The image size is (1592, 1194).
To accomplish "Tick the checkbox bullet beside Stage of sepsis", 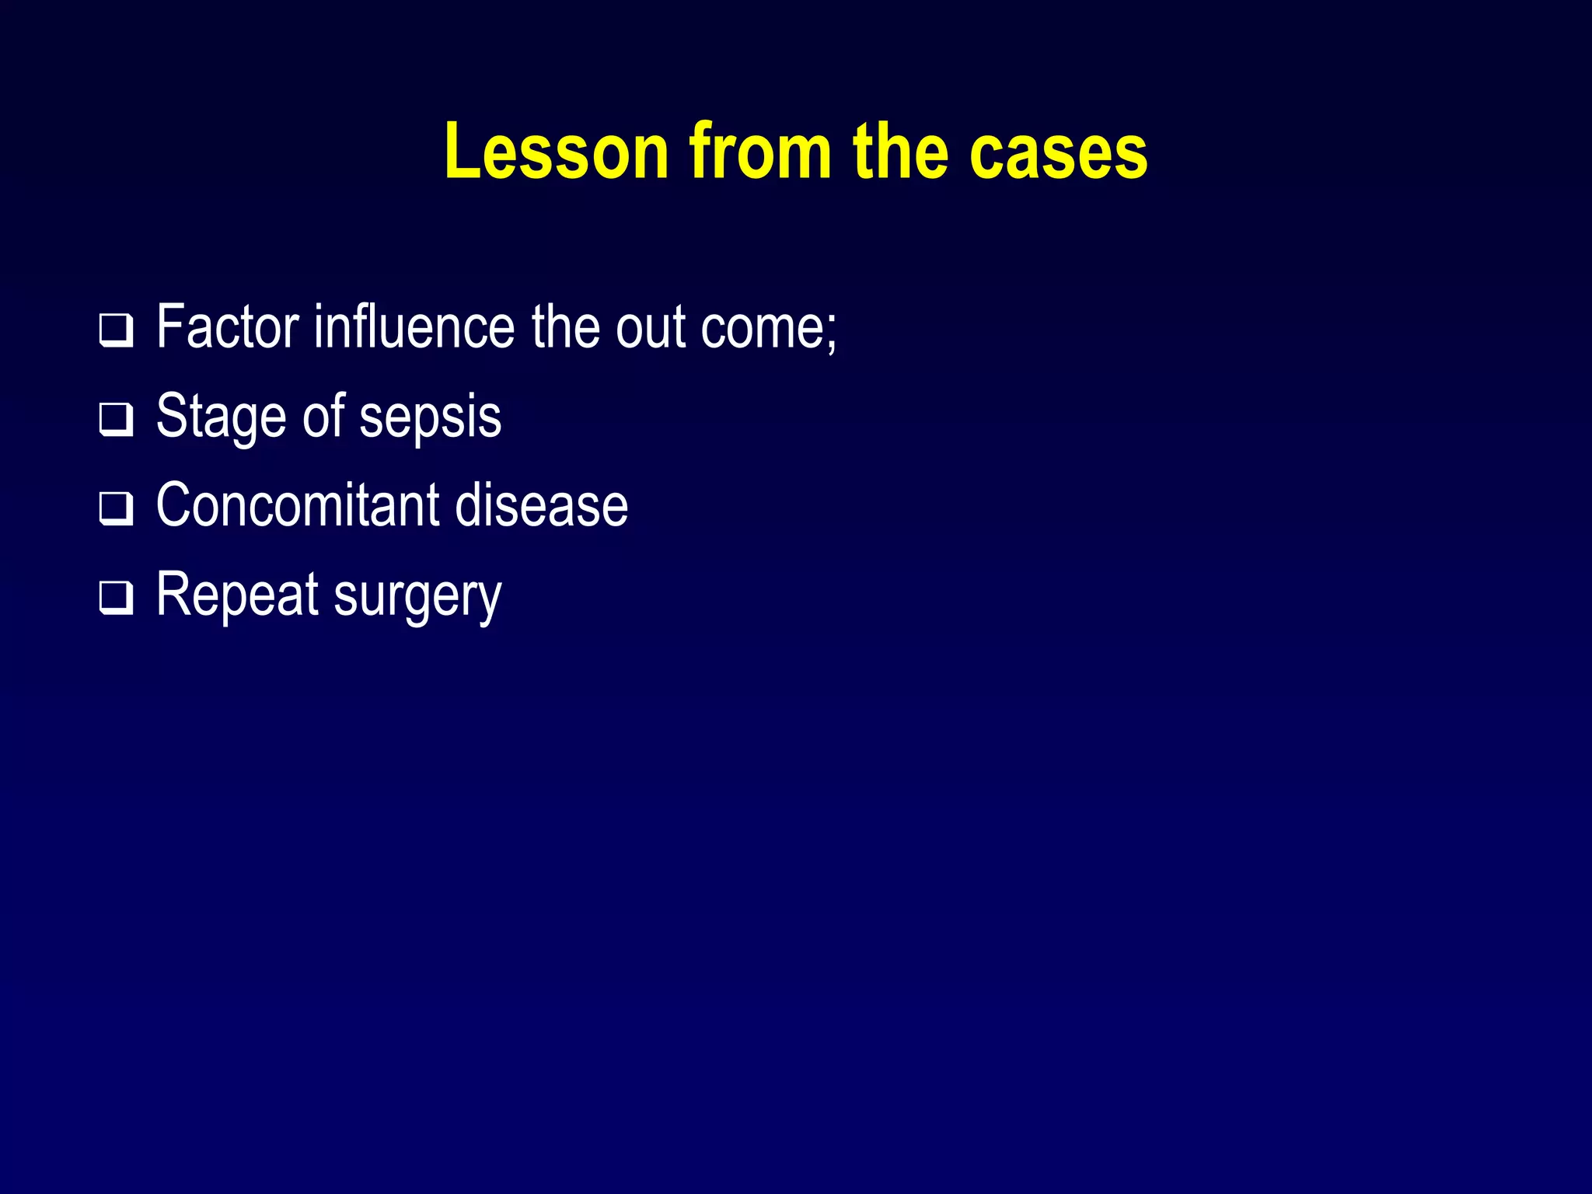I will point(116,420).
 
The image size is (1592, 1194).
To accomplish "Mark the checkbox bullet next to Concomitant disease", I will point(116,509).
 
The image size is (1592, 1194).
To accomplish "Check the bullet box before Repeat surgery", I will point(116,598).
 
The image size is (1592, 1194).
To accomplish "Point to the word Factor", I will point(227,326).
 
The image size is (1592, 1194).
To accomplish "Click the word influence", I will point(414,326).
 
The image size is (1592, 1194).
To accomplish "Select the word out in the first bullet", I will point(650,328).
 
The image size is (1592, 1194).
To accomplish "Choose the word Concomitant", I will point(297,505).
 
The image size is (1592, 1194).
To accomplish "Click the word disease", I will point(541,505).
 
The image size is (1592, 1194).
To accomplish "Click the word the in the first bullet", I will point(565,326).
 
